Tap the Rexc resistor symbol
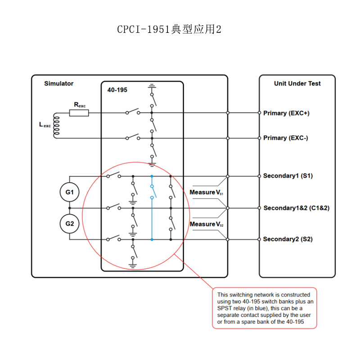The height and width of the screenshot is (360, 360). (x=79, y=113)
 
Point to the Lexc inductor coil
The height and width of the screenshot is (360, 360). (x=56, y=126)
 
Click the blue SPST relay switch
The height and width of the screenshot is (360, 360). (x=153, y=192)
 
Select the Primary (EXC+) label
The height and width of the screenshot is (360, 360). (x=286, y=113)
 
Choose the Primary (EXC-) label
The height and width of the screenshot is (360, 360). (x=286, y=138)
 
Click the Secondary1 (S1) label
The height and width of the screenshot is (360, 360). (x=288, y=176)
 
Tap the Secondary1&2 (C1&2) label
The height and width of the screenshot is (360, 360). (x=297, y=208)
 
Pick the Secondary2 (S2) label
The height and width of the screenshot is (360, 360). (x=288, y=239)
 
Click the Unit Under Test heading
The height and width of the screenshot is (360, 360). (x=297, y=83)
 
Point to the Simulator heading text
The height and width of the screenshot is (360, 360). (x=59, y=83)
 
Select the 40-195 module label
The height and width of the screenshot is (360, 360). (x=117, y=90)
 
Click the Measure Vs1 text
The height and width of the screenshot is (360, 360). (x=206, y=193)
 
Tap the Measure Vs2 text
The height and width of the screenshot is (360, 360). (x=207, y=224)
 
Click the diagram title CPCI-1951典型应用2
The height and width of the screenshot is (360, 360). (x=169, y=29)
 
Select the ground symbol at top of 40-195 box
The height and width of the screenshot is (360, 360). (x=152, y=86)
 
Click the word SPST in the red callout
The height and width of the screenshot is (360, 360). (x=224, y=308)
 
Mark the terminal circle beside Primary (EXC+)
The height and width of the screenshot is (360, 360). (x=259, y=113)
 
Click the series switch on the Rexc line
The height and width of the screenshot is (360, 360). (x=133, y=112)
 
